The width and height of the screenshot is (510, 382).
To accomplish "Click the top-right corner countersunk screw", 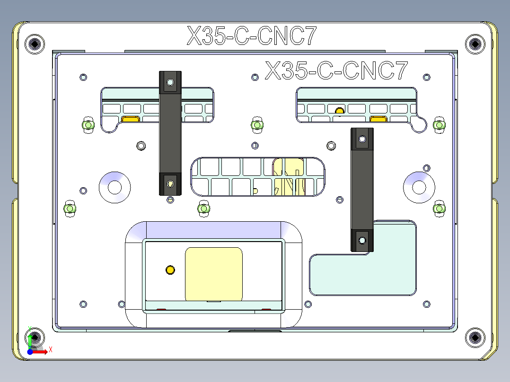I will [475, 44].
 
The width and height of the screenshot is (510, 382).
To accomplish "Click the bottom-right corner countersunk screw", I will [475, 338].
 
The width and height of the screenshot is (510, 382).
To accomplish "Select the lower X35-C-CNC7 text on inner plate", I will [336, 71].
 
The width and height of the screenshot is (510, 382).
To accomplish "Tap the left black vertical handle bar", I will [170, 133].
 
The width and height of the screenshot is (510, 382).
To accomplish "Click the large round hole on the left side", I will [114, 187].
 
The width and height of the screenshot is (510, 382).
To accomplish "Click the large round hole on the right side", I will [419, 187].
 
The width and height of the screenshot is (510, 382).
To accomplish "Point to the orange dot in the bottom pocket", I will [170, 270].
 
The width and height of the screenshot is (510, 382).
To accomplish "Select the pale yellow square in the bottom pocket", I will [214, 274].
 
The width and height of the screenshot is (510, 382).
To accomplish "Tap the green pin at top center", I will [256, 124].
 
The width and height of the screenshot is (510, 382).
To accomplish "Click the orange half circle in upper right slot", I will [339, 111].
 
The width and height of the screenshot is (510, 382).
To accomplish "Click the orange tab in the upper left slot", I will [130, 119].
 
